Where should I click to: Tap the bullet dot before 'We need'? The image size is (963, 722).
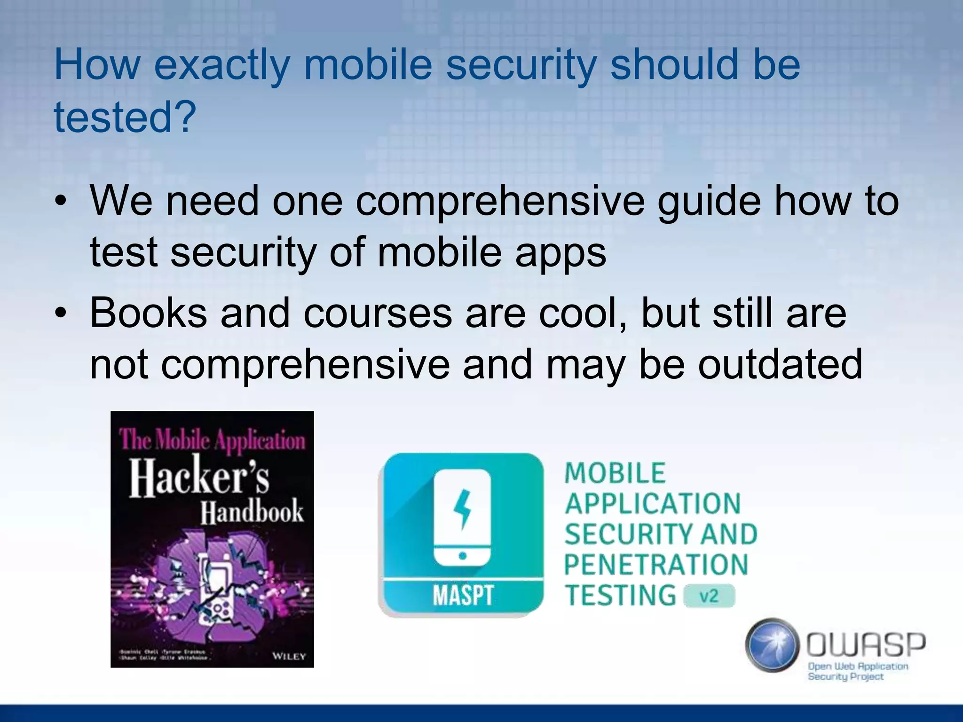[x=61, y=202]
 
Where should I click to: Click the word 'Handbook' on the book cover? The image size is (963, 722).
[x=252, y=512]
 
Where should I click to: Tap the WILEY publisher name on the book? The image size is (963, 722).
[x=289, y=656]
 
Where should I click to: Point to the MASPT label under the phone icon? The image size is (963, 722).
[x=463, y=596]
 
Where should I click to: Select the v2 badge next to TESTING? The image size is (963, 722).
[x=709, y=596]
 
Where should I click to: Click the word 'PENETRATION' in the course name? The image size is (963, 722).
[x=656, y=565]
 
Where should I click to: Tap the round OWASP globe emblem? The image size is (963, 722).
[x=772, y=644]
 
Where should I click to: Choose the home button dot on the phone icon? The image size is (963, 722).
[x=462, y=556]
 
